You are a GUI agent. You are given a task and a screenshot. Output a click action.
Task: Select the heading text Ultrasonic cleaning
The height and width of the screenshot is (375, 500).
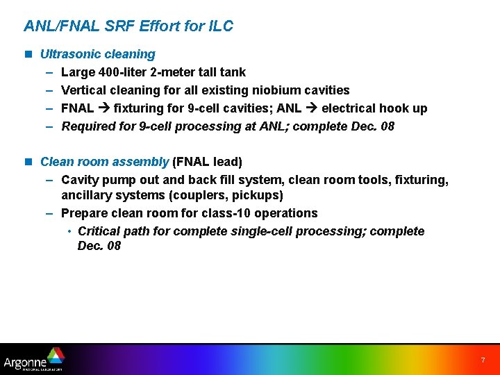pos(98,54)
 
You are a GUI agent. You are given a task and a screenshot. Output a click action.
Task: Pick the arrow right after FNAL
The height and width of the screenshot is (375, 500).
pos(103,108)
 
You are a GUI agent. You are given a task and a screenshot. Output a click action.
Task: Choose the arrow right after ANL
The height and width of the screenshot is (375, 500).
pos(311,108)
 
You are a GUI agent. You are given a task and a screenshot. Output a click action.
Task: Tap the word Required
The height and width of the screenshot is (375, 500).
pos(87,126)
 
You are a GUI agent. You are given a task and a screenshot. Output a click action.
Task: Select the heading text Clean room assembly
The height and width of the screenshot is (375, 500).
pos(104,162)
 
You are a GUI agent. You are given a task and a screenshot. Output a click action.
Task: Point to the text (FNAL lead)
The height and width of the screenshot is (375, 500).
pos(207,162)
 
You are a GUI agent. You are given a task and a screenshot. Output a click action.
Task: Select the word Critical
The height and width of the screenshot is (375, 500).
pos(101,231)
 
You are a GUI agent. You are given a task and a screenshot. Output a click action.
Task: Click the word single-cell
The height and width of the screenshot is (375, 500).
pos(261,231)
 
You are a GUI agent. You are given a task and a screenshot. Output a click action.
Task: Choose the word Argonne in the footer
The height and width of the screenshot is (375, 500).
pos(25,362)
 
